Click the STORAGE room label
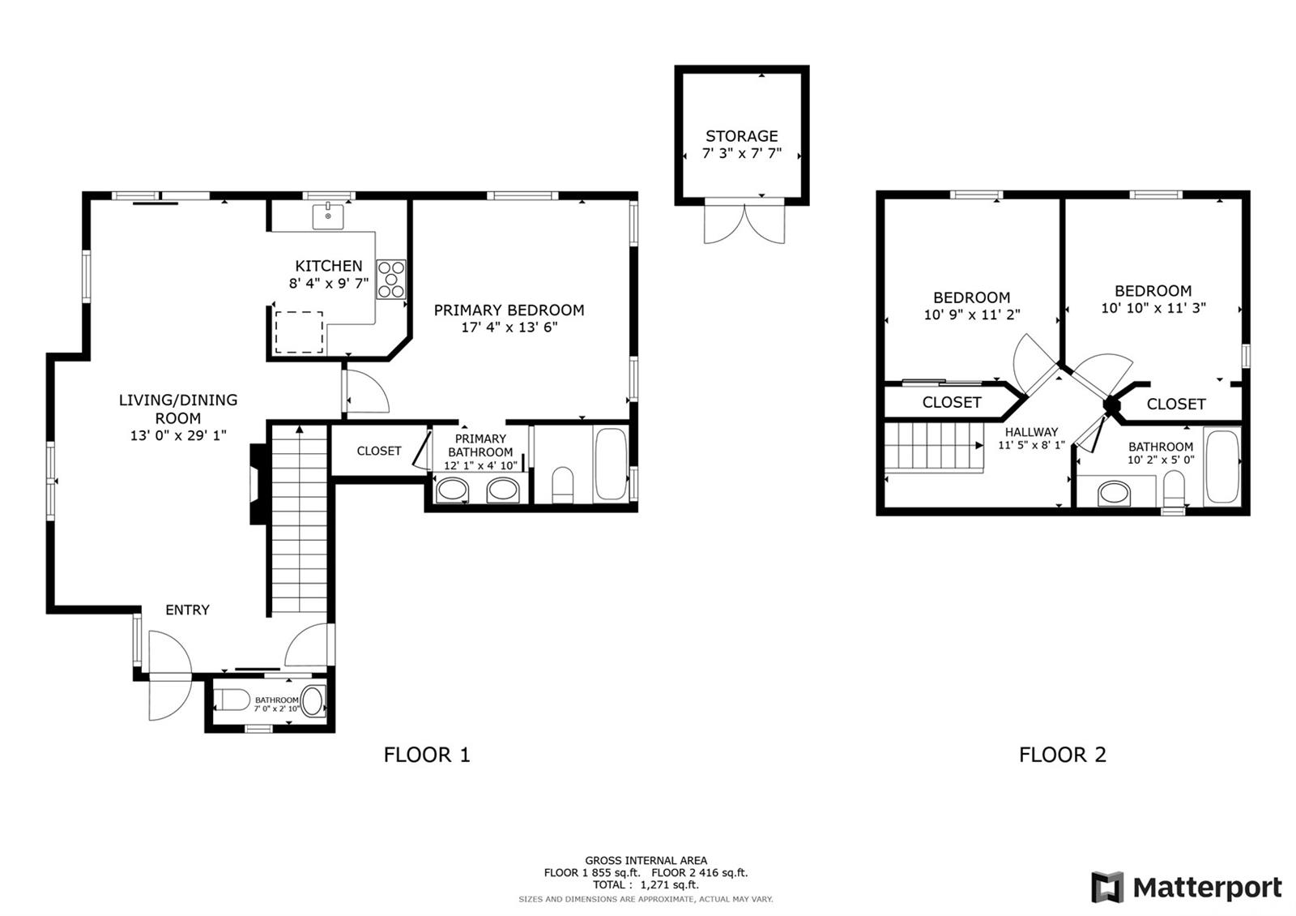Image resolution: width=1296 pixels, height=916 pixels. (x=741, y=136)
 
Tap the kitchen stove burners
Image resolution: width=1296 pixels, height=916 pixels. (x=391, y=279)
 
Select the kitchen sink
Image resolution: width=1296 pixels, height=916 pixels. (x=328, y=216)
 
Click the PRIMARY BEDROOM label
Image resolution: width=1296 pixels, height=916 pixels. (x=509, y=310)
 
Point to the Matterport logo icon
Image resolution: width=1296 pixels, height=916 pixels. (x=1107, y=887)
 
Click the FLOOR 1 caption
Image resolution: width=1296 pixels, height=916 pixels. (x=427, y=755)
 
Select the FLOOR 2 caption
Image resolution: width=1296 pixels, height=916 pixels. (x=1062, y=755)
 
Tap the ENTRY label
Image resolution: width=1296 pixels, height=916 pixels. (x=187, y=610)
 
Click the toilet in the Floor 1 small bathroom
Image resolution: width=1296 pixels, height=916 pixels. (x=232, y=700)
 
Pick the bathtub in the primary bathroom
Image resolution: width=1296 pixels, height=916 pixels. (x=611, y=463)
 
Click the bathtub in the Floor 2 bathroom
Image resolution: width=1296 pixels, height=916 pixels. (x=1221, y=467)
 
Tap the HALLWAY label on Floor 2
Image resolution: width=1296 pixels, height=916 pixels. (x=1031, y=432)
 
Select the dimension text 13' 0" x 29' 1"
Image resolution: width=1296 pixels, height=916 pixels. (x=178, y=435)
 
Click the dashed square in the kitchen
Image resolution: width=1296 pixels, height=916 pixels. (x=299, y=332)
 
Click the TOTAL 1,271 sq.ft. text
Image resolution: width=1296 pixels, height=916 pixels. (x=646, y=884)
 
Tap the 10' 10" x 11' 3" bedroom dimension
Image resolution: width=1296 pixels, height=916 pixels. (x=1153, y=308)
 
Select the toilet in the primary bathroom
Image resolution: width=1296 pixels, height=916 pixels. (x=562, y=486)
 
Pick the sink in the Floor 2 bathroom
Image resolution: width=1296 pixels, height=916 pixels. (x=1114, y=494)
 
